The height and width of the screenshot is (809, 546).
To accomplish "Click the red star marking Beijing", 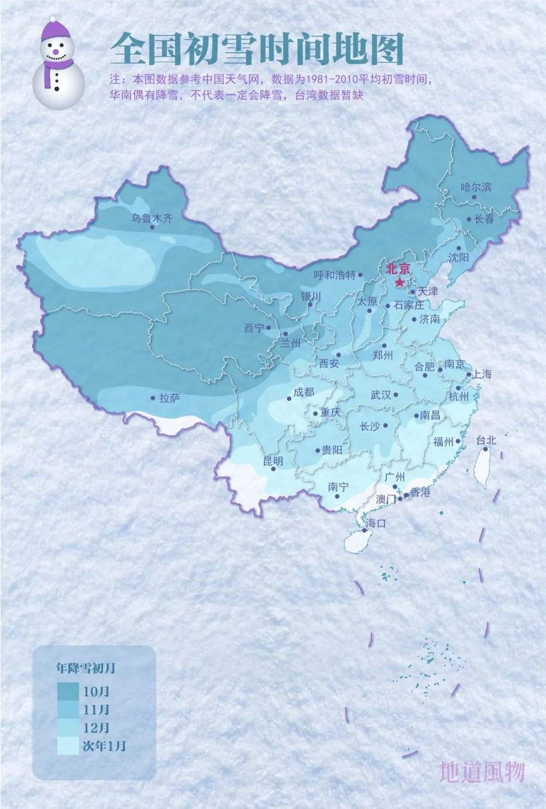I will coord(400,283).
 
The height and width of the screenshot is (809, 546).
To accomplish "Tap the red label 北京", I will coord(397,269).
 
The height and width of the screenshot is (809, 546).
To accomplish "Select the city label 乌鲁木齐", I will coord(151,218).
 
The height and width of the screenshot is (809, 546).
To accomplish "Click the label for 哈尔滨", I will coord(476,187).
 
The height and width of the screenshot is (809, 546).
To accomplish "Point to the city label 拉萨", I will coord(169,398).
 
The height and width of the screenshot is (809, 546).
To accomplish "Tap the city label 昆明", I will coord(273,461).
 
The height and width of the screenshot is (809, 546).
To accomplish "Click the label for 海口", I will coord(376,523).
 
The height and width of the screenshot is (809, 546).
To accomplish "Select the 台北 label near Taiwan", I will coord(486,440).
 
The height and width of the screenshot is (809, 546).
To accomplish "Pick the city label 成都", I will coord(304,392).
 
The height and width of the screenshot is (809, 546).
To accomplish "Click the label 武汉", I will coord(381,395).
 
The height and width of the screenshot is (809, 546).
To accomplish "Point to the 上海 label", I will coord(482,374).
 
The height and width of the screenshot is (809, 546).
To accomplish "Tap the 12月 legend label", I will coord(97,728).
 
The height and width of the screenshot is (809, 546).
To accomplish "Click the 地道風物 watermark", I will coord(482,772).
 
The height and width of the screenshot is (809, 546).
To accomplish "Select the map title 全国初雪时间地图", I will coord(257,49).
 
